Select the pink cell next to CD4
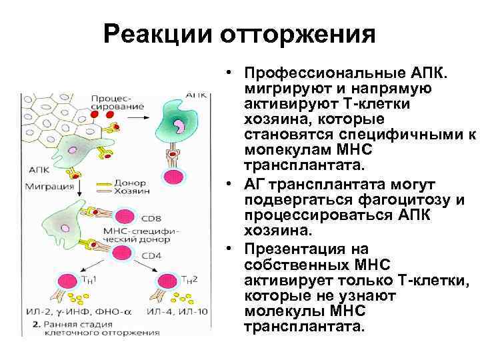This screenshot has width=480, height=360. click(122, 252)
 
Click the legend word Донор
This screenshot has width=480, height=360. click(129, 182)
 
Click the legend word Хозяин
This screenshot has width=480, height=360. click(131, 191)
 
